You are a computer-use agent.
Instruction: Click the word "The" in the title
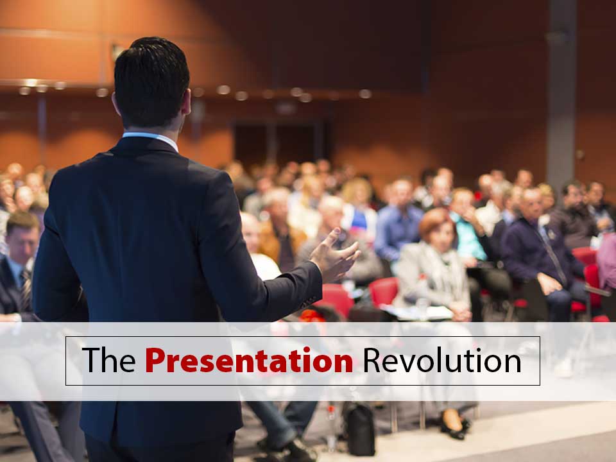109,360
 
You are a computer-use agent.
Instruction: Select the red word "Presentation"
249,360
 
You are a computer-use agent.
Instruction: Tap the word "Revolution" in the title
442,360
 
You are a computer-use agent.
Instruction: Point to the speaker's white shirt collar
151,139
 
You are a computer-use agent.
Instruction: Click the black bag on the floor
359,429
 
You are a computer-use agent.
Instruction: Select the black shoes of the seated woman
455,427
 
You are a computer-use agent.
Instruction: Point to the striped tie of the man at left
26,289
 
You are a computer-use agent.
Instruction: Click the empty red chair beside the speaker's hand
384,291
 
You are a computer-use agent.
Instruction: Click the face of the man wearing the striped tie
23,246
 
